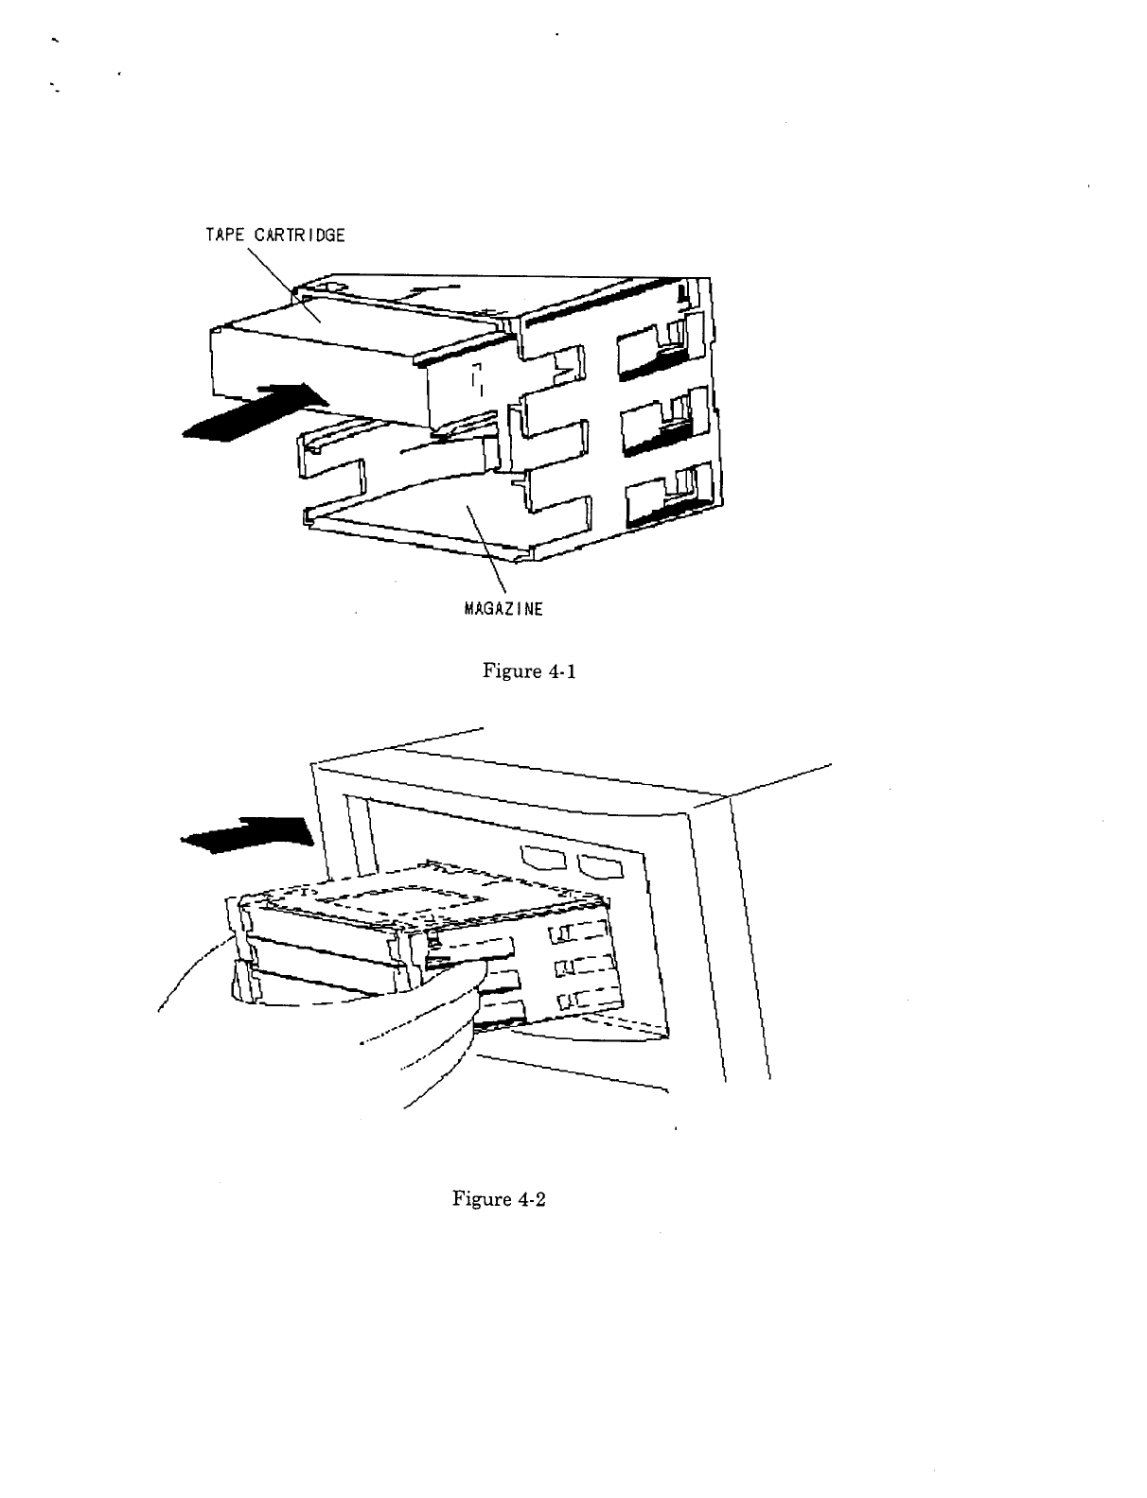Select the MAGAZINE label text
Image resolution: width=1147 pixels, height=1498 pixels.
coord(503,609)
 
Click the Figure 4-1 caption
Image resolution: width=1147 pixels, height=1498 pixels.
coord(530,671)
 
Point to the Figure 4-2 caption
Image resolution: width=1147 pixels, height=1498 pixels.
coord(501,1199)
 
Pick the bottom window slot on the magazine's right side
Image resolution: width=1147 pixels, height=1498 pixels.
coord(652,496)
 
